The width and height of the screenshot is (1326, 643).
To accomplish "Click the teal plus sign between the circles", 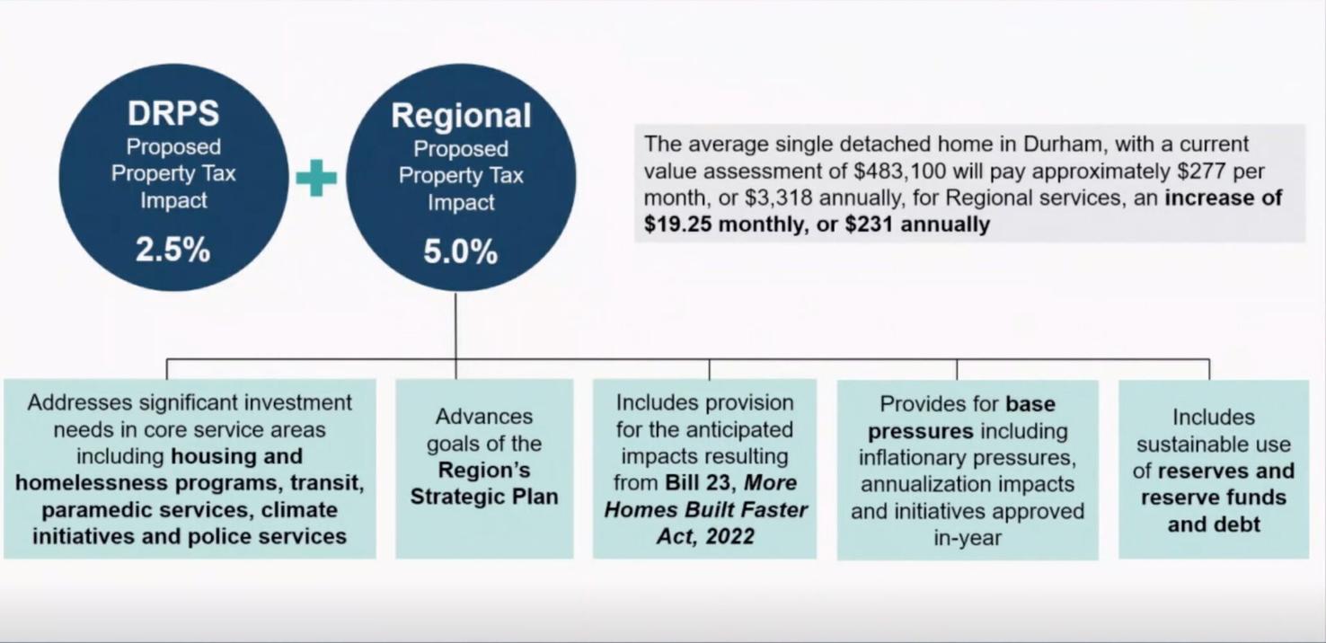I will coord(316,178).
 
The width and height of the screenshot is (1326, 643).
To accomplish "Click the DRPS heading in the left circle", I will coord(173,114).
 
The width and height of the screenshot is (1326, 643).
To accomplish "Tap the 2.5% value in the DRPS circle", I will coord(173,251).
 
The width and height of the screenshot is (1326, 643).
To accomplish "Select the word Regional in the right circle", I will coord(461,116).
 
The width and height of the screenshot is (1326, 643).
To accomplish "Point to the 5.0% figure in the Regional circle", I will coord(461,252).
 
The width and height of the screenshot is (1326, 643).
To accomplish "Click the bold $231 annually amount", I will coord(916,224).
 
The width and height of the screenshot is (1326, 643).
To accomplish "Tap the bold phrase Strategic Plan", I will coord(484,497).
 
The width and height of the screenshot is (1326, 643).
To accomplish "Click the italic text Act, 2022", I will coord(704,537).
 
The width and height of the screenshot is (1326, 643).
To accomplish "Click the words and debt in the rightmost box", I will coord(1213,524).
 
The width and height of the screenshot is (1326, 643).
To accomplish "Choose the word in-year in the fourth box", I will coord(967,538).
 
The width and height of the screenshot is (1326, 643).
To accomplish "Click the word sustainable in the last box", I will coord(1213,444).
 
